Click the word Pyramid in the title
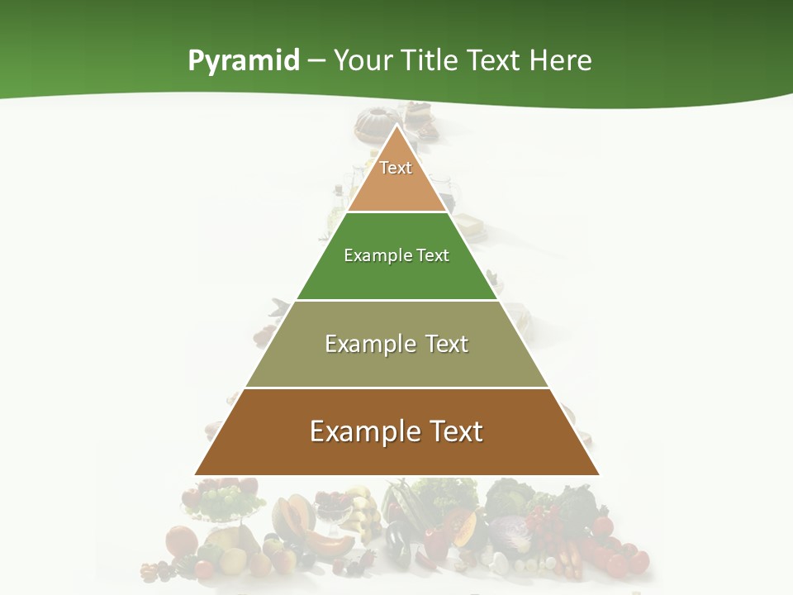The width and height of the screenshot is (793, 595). click(244, 61)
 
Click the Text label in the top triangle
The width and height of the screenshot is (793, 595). click(396, 168)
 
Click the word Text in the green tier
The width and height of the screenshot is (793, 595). click(433, 255)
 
